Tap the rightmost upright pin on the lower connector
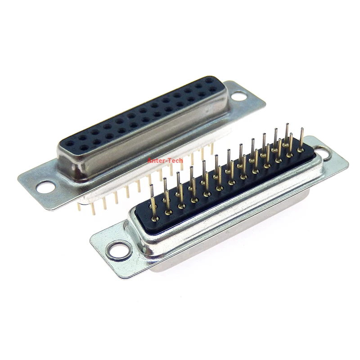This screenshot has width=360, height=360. (301, 135)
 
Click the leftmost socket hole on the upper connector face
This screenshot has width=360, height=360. (70, 144)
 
